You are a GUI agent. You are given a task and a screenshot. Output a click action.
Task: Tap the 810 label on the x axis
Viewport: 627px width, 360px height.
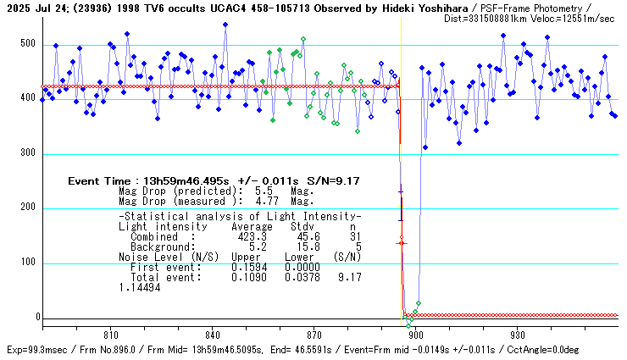coord(109,335)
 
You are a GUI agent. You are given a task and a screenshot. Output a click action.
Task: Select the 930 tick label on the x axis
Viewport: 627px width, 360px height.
coord(518,335)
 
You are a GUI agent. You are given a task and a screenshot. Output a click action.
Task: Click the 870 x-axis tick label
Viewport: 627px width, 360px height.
coord(313,335)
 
